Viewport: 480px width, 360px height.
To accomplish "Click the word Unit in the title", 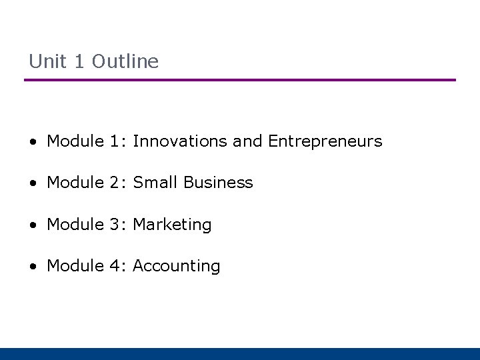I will tap(48, 61).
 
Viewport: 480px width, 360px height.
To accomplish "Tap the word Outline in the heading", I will tap(125, 61).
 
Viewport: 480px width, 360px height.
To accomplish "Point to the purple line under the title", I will tap(240, 80).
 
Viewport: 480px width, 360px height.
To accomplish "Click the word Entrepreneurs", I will tap(325, 141).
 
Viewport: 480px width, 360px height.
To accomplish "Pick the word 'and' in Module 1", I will tap(248, 141).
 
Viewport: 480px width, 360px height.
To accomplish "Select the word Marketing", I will tap(172, 225).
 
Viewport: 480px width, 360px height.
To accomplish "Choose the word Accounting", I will tap(177, 266).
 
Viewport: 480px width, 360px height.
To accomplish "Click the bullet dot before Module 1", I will tap(33, 142).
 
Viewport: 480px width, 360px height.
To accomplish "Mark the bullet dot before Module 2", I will tap(33, 183).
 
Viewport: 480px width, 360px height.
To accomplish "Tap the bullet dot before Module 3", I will tap(33, 225).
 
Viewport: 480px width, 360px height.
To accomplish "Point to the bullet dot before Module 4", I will tap(33, 267).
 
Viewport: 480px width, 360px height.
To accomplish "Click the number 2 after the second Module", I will tap(117, 183).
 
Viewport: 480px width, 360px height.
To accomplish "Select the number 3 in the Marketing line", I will tap(117, 225).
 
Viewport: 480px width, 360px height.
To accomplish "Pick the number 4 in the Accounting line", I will tap(117, 266).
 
